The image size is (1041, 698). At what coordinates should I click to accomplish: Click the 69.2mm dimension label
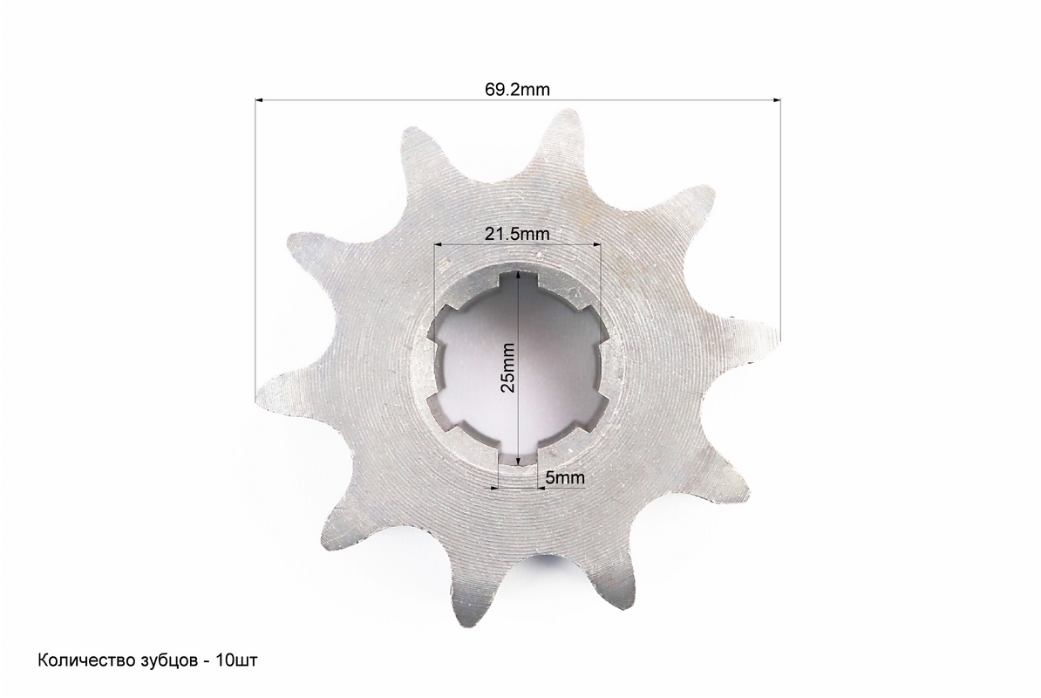[x=517, y=89]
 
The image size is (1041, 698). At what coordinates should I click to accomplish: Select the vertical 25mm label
[x=508, y=367]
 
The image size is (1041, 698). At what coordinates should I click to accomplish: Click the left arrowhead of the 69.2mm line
[x=260, y=100]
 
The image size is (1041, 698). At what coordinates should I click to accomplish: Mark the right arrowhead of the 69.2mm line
[x=776, y=100]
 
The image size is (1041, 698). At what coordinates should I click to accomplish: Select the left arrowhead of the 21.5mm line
[x=439, y=244]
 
